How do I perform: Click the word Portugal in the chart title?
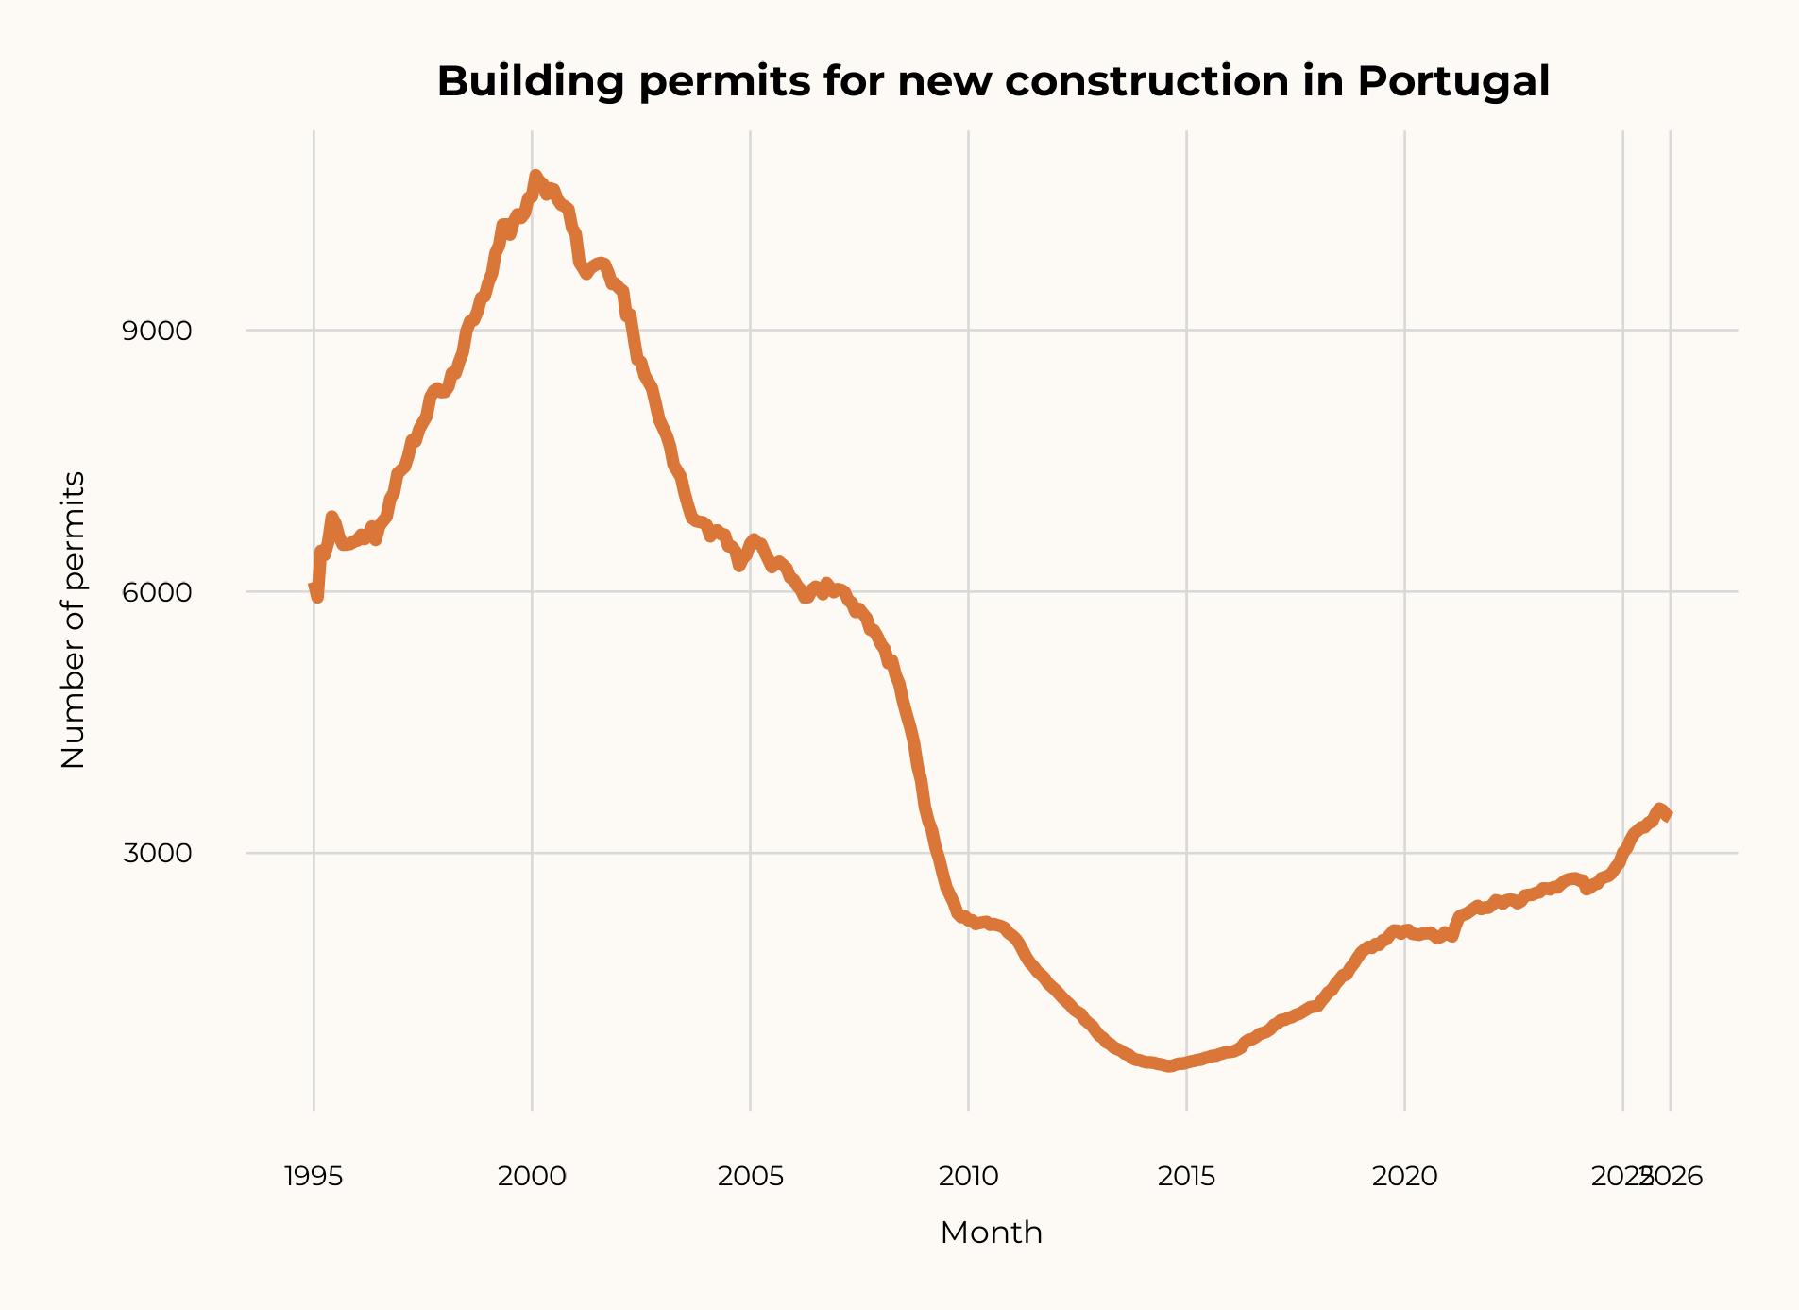[1453, 82]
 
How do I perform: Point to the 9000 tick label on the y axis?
[157, 332]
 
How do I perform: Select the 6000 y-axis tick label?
[157, 593]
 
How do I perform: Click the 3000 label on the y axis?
[157, 854]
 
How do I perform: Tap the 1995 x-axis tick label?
[314, 1177]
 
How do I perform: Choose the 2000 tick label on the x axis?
[532, 1177]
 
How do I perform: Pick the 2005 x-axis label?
[751, 1177]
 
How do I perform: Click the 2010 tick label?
[968, 1177]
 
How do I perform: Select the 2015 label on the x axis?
[1187, 1177]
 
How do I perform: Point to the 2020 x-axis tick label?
[1404, 1177]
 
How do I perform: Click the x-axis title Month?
[991, 1233]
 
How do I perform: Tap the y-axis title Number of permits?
[73, 621]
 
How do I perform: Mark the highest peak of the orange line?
[535, 175]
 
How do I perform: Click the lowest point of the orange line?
[1169, 1066]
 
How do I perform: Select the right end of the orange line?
[1669, 815]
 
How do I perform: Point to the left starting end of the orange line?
[314, 587]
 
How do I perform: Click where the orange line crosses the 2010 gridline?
[968, 919]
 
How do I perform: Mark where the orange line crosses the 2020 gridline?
[1404, 931]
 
